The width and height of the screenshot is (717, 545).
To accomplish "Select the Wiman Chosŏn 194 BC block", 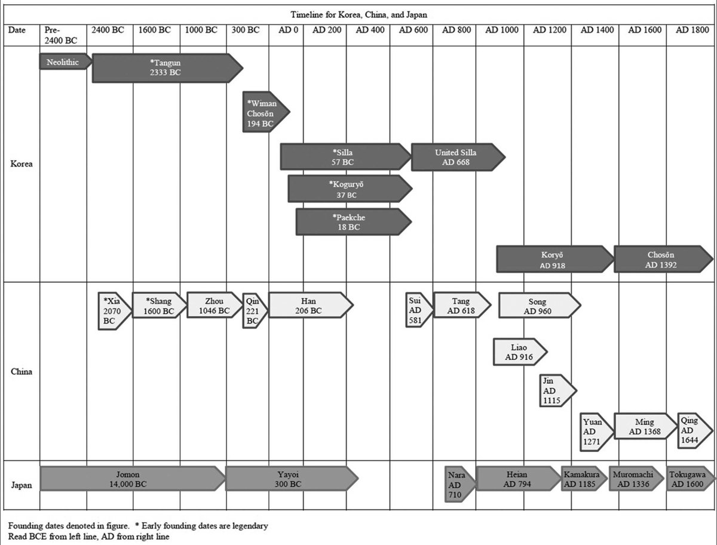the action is tap(263, 113).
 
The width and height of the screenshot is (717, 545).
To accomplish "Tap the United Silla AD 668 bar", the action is tap(456, 157).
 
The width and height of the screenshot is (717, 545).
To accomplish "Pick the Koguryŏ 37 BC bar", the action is tap(347, 189).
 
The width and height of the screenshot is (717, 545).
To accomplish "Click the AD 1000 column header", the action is tap(502, 30).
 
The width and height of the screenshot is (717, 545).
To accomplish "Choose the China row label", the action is tap(22, 371).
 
